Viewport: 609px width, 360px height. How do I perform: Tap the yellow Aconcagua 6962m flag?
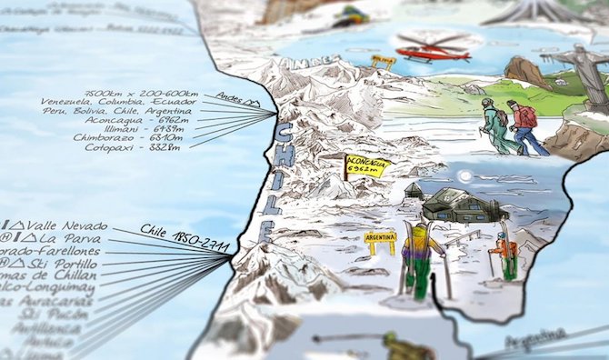pos(365,165)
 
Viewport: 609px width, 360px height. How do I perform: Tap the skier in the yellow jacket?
pos(418,257)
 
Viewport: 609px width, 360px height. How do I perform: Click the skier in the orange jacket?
pos(506,254)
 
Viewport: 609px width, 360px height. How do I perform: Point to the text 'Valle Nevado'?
pos(68,226)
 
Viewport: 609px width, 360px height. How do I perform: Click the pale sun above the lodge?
pos(465,175)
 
